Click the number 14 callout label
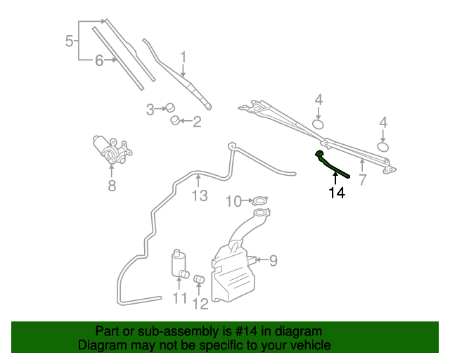tap(337, 192)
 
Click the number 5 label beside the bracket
tap(69, 41)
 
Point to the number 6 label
tap(99, 61)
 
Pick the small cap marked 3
tap(169, 108)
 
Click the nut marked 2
tap(176, 121)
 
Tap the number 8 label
tap(111, 186)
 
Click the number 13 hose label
tap(200, 195)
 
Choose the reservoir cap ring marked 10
tap(259, 202)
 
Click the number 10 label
tap(233, 202)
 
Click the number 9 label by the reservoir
tap(273, 261)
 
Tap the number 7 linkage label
tap(363, 179)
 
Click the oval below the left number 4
tap(318, 125)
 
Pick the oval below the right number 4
tap(383, 147)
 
